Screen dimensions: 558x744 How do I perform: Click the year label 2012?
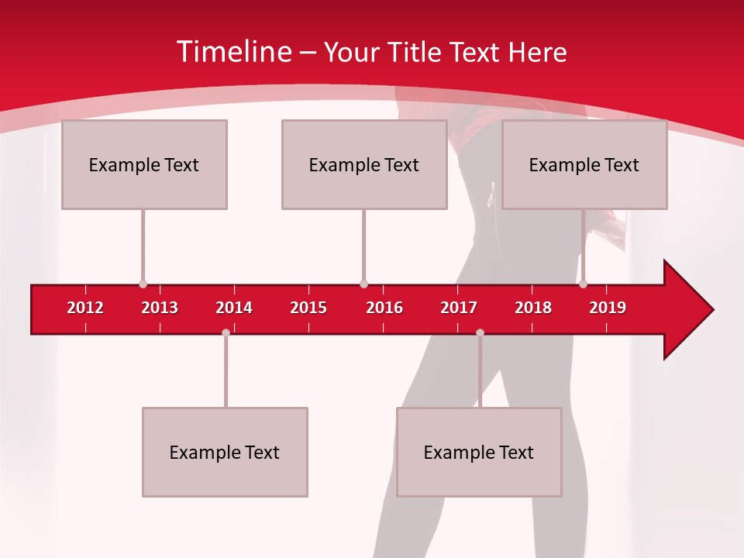(85, 308)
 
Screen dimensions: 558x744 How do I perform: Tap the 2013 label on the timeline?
(160, 308)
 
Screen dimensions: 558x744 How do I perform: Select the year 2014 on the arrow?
(234, 308)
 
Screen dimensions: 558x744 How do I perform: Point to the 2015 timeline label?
(308, 308)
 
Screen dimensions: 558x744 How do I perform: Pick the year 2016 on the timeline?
(384, 308)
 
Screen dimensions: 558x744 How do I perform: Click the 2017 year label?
(459, 308)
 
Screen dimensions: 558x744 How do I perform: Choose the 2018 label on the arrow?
(533, 308)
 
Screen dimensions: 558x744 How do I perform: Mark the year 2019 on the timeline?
(608, 308)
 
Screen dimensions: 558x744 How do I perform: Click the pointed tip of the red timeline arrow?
(711, 310)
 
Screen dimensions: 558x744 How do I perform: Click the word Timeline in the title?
(233, 52)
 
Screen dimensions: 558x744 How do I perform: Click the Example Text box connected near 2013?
(144, 164)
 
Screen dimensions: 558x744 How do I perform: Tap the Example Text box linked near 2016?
(364, 164)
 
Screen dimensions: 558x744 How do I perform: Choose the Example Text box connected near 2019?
(584, 164)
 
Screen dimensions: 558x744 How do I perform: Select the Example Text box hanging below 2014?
(225, 452)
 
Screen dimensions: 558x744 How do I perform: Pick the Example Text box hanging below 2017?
(479, 452)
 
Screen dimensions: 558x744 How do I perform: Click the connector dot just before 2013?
(143, 284)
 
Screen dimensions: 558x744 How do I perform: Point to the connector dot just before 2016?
(363, 284)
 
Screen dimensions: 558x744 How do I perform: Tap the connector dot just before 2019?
(583, 284)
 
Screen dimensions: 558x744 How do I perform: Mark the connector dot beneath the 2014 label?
(226, 332)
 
